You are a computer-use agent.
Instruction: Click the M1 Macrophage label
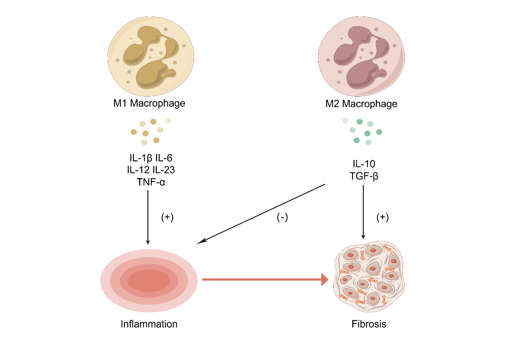[149, 103]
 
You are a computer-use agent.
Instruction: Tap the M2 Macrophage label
[361, 104]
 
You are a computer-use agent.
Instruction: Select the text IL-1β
[138, 159]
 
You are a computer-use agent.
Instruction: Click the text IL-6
[164, 159]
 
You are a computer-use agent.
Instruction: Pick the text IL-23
[164, 170]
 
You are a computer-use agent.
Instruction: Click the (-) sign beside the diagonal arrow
[282, 218]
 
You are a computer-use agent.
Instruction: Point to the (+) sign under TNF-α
[167, 218]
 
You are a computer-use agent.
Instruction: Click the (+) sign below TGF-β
[382, 218]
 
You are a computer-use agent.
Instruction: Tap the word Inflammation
[149, 324]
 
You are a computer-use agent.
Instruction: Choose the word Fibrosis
[369, 324]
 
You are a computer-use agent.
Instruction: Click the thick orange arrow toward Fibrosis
[265, 279]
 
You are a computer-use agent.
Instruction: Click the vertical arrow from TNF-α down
[148, 216]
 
